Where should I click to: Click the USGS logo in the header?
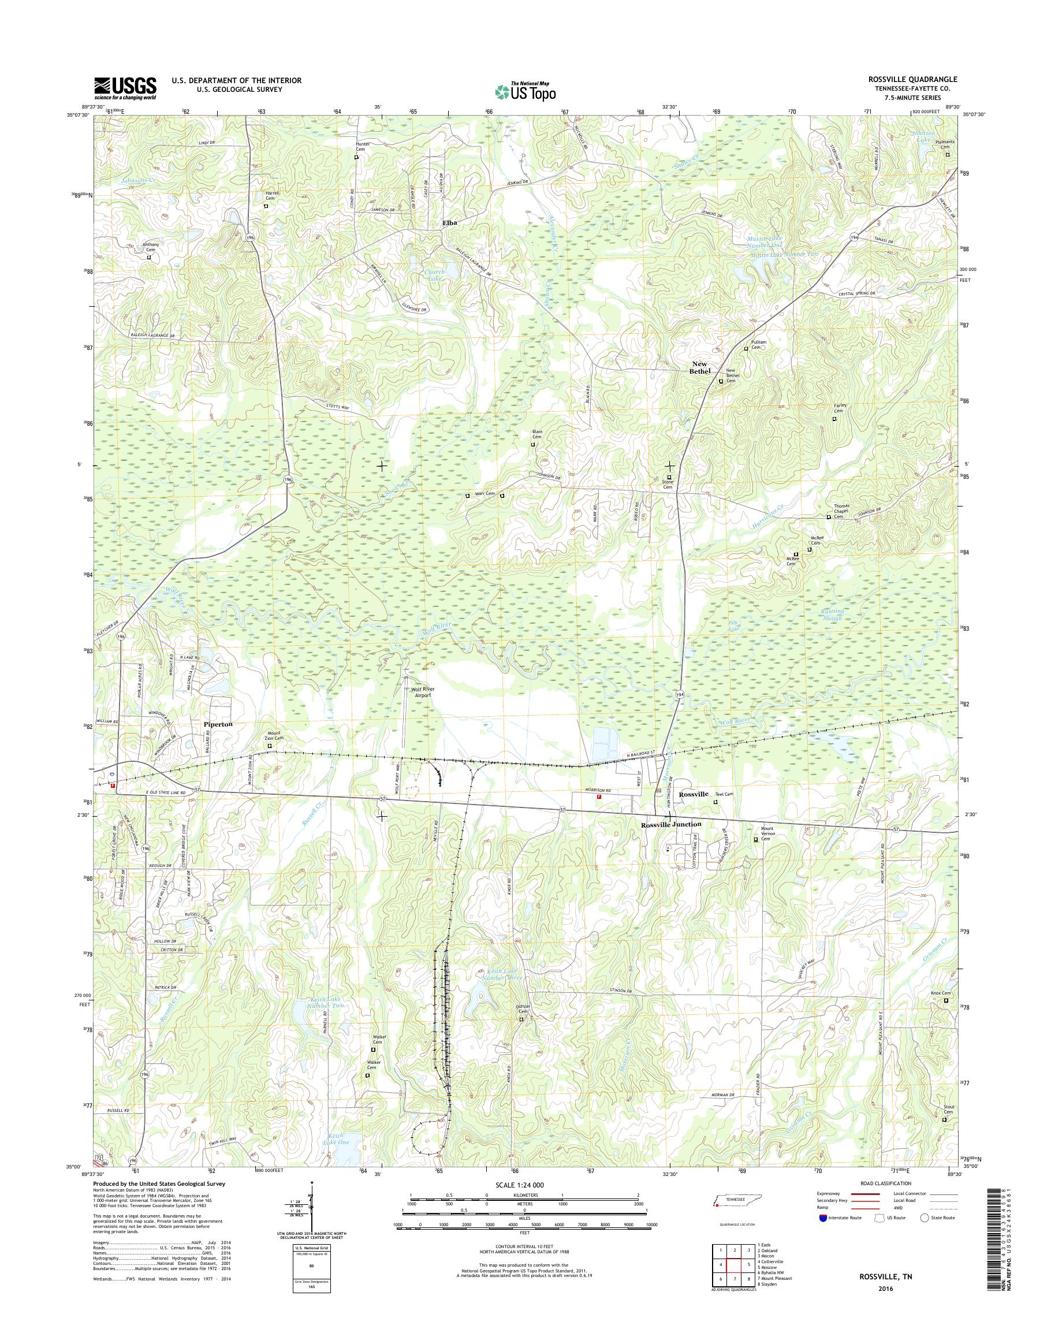point(125,88)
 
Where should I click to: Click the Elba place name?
point(450,222)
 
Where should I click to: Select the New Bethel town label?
point(701,367)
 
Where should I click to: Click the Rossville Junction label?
point(670,824)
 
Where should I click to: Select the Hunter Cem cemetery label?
point(361,148)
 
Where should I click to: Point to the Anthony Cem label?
point(151,247)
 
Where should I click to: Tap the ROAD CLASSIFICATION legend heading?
point(882,1200)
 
